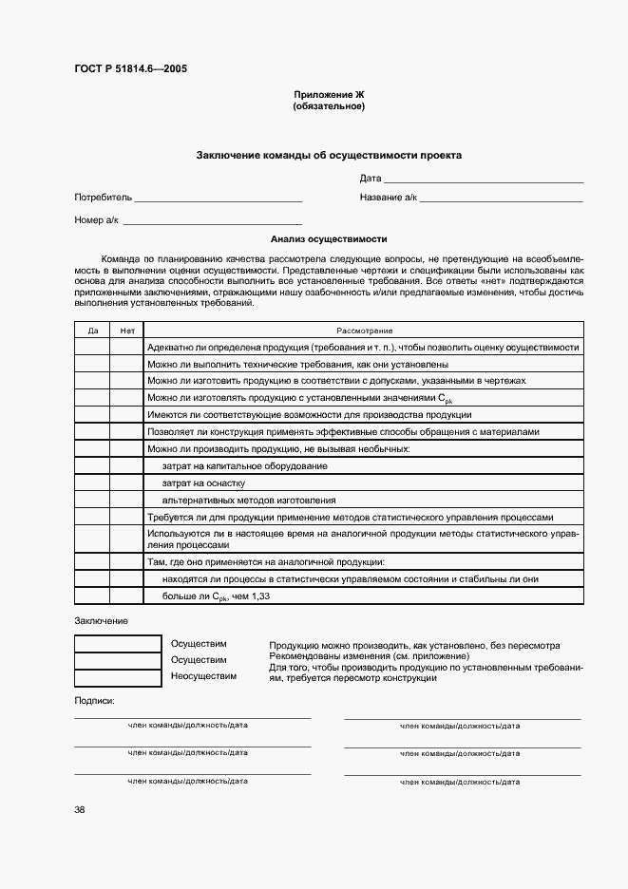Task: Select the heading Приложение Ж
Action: [x=329, y=95]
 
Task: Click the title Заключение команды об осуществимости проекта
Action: [x=329, y=155]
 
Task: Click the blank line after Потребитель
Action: [x=219, y=199]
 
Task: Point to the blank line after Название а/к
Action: [x=501, y=199]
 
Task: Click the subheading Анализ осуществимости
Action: [x=329, y=240]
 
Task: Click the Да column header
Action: [x=92, y=331]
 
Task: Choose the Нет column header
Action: [x=126, y=331]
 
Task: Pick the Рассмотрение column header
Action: [x=363, y=331]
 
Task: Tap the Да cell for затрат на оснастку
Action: [x=92, y=482]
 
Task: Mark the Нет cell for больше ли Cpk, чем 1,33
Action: [x=126, y=596]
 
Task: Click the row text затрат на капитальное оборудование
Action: [x=245, y=465]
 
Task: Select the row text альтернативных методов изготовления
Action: [x=249, y=500]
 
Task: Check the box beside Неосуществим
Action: [x=118, y=677]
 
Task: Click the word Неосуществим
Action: [x=203, y=676]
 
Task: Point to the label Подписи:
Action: [x=94, y=700]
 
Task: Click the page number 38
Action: [x=80, y=809]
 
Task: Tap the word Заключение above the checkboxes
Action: [x=101, y=620]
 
